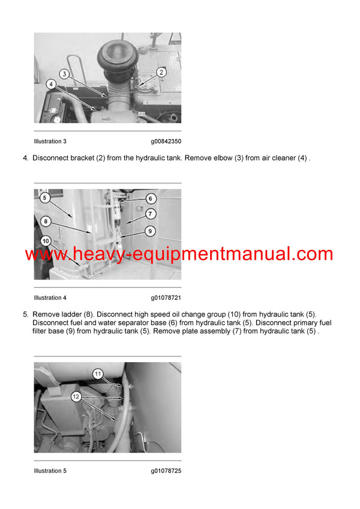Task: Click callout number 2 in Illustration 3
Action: click(x=161, y=72)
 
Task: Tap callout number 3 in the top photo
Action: click(x=64, y=74)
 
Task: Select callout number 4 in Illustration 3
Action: click(x=51, y=85)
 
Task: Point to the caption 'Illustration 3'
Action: click(x=50, y=141)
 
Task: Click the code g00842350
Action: click(x=166, y=141)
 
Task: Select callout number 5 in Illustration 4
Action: click(x=44, y=197)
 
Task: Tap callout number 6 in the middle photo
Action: click(x=151, y=198)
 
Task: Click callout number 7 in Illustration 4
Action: click(x=151, y=213)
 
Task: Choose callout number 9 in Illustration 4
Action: click(x=151, y=230)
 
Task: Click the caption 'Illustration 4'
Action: click(x=50, y=297)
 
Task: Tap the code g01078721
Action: click(x=166, y=297)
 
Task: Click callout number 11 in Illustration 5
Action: click(x=98, y=374)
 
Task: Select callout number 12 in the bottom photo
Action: click(x=76, y=396)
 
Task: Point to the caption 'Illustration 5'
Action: click(x=50, y=471)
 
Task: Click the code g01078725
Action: click(x=166, y=471)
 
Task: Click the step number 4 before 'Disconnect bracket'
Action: click(x=25, y=158)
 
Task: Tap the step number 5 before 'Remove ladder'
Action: click(x=25, y=314)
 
